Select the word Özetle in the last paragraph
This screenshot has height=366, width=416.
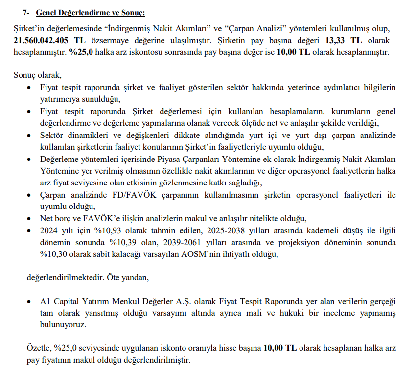38,348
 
